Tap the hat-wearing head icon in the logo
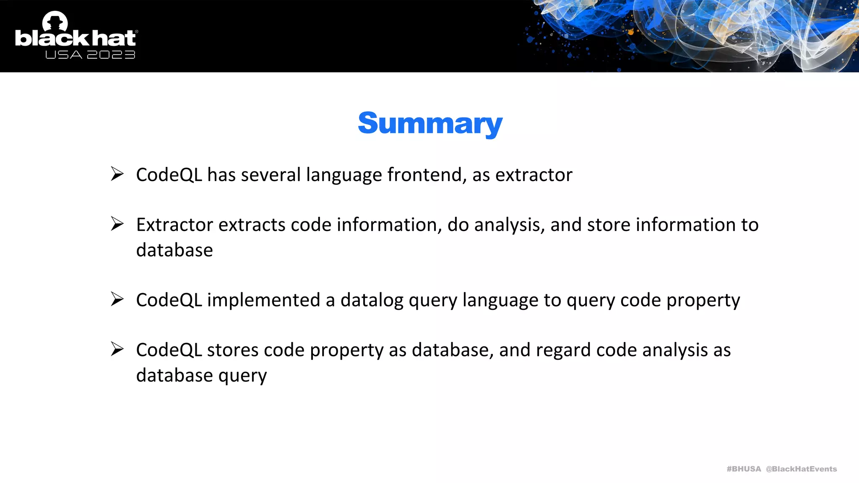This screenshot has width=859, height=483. coord(55,21)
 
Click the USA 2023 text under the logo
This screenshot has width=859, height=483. coord(90,55)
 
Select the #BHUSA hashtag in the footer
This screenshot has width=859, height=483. coord(744,469)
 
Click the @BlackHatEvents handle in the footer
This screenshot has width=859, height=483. coord(801,469)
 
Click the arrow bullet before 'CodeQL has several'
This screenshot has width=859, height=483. coord(117,174)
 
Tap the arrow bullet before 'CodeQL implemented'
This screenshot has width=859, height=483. coord(117,299)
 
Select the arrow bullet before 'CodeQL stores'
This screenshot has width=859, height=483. coord(117,349)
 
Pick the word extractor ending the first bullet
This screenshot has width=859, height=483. coord(534,175)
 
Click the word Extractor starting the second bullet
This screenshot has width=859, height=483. coord(174,225)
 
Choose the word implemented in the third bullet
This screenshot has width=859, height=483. coord(263,300)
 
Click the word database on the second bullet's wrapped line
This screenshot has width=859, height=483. coord(174,250)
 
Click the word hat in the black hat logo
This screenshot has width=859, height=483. coord(114,38)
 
